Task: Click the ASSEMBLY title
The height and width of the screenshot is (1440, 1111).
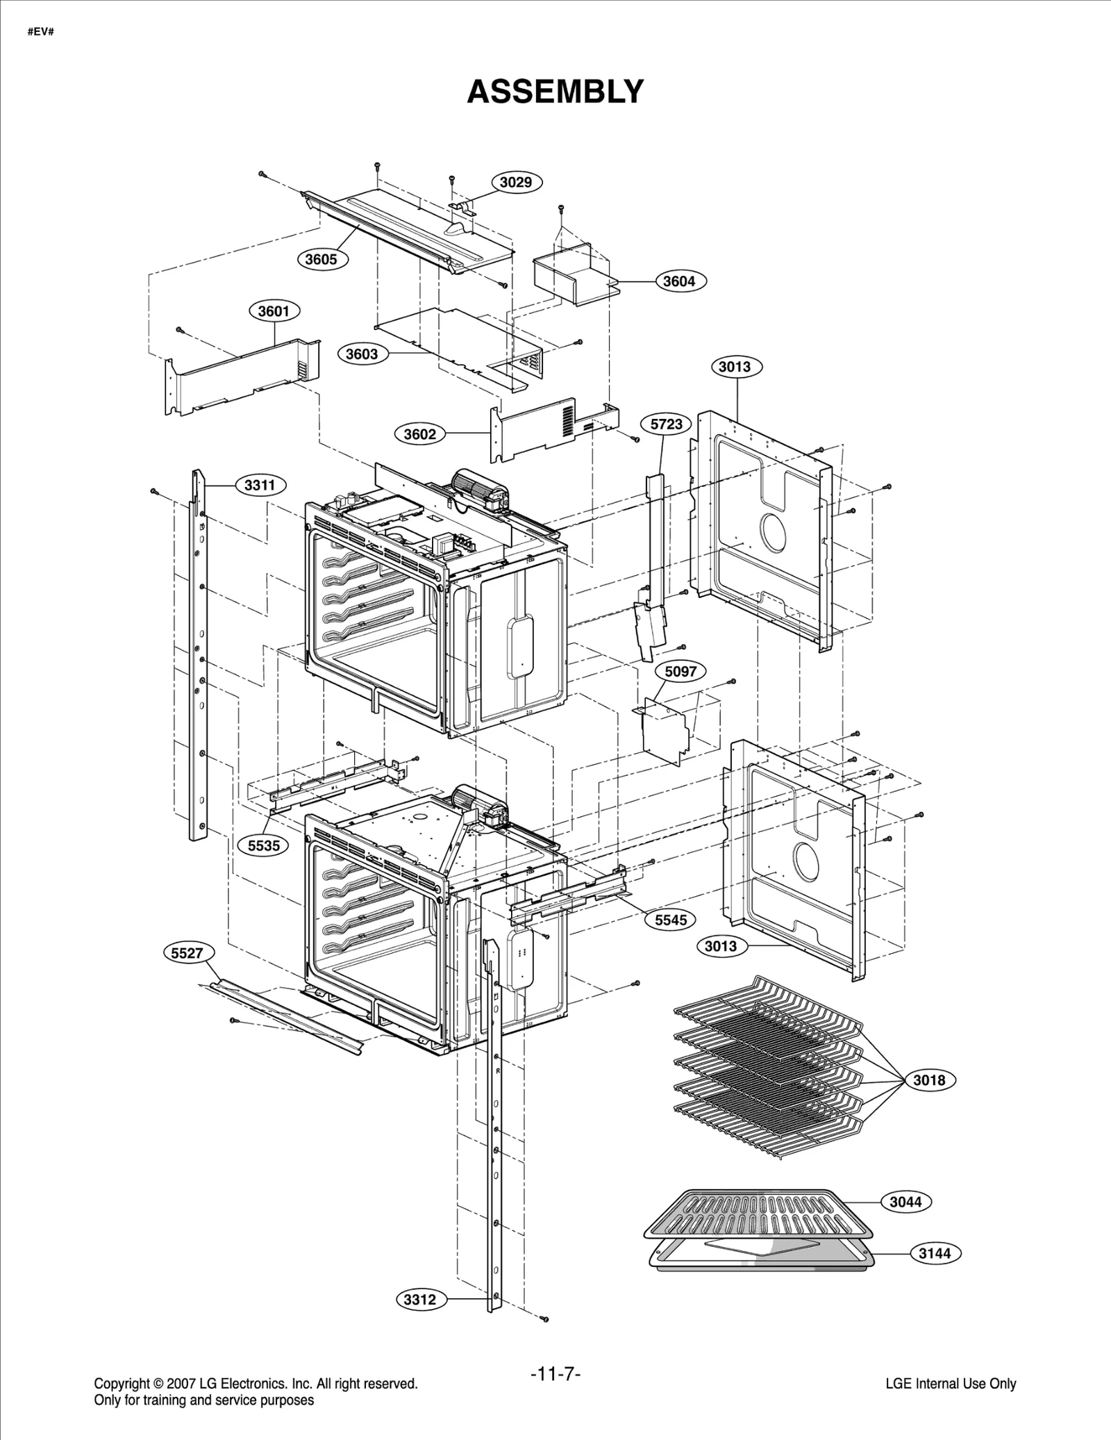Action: coord(555,92)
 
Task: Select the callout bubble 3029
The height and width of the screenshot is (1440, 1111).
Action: coord(516,182)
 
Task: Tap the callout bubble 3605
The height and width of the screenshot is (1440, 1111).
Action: coord(321,259)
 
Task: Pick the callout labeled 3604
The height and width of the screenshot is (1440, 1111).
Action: coord(678,281)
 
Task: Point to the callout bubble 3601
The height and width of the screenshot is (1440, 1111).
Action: coord(274,311)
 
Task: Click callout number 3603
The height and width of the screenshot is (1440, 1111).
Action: coord(362,354)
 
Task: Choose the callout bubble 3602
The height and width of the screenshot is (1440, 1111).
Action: coord(419,434)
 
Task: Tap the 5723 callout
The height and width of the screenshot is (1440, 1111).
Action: coord(666,424)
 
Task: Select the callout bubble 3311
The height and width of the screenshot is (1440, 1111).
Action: coord(260,485)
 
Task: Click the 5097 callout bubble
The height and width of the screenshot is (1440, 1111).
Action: coord(680,671)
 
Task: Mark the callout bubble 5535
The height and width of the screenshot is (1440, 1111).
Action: coord(264,845)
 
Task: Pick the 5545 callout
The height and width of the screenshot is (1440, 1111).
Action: coord(670,920)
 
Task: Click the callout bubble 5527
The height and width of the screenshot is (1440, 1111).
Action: coord(187,952)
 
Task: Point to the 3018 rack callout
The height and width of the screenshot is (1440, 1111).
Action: coord(928,1079)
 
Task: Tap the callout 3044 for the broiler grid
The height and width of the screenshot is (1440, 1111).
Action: coord(905,1201)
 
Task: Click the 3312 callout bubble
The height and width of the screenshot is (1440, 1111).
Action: coord(419,1299)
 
